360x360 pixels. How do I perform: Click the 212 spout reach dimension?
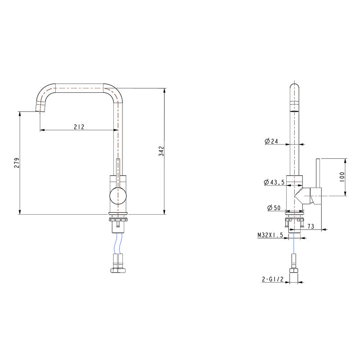79,127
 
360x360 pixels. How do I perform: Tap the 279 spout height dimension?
16,162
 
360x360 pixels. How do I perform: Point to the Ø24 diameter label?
272,141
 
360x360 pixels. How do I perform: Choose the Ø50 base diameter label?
273,208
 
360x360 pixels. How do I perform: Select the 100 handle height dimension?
342,176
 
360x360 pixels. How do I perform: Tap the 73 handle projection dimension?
311,226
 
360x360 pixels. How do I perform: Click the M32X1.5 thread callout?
270,234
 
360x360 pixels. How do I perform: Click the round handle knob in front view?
117,195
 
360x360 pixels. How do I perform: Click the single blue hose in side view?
294,245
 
